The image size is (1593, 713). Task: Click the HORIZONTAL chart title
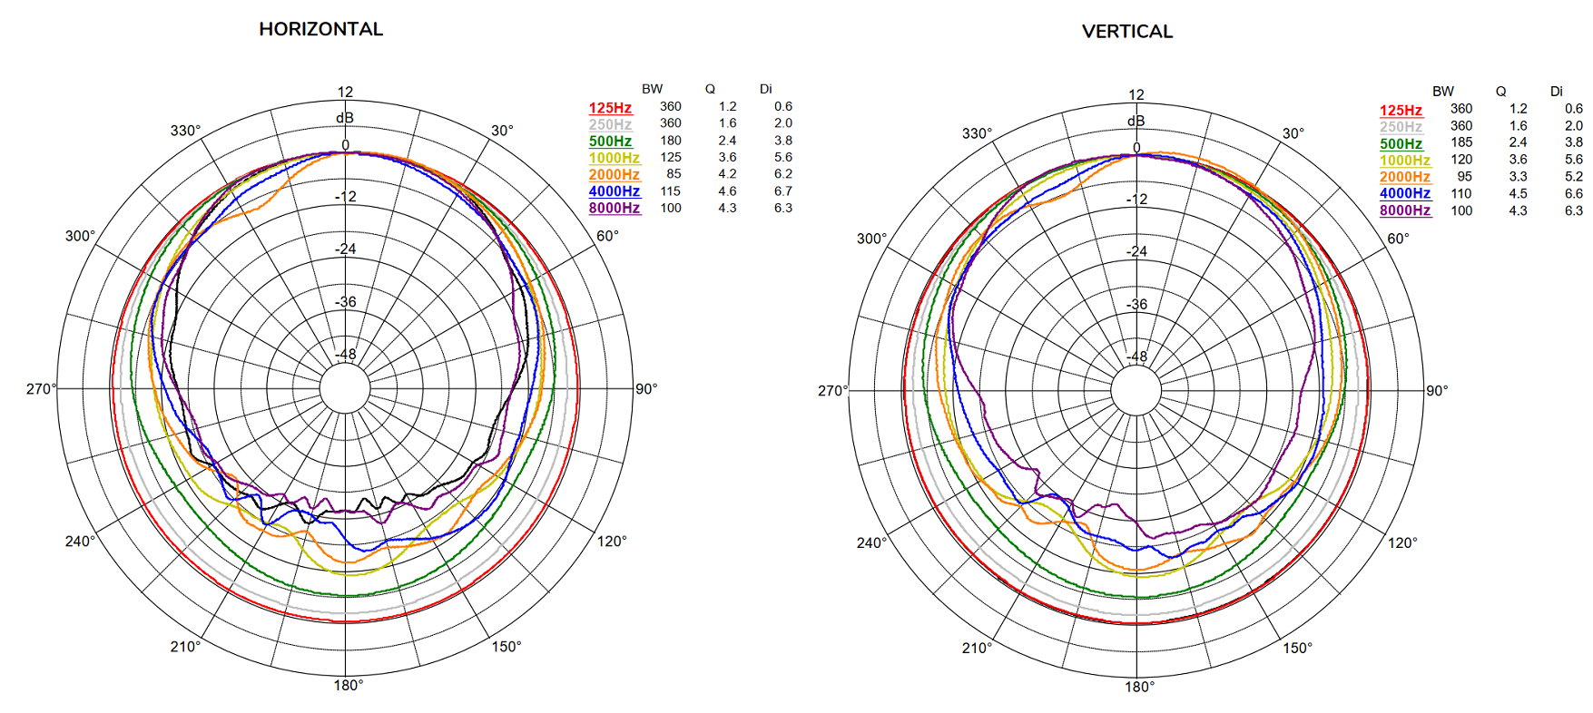point(320,29)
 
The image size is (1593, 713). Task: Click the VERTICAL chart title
point(1126,32)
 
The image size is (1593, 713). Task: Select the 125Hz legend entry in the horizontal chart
point(610,108)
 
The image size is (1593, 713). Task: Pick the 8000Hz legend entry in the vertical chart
point(1404,210)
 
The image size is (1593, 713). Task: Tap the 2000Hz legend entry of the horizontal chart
point(614,175)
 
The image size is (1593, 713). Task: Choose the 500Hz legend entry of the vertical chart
point(1401,144)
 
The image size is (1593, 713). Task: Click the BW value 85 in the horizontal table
point(673,174)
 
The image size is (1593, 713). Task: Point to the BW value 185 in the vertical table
point(1460,142)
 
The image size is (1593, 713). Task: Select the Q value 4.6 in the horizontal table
point(727,191)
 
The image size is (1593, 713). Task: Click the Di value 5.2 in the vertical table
point(1573,177)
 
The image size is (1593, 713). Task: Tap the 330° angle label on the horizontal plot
point(185,131)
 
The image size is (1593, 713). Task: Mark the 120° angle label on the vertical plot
point(1401,542)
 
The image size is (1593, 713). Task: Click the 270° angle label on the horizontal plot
point(41,389)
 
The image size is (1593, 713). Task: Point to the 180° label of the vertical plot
point(1139,687)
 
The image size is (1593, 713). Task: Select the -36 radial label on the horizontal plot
point(345,302)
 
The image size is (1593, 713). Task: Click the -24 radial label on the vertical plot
point(1136,251)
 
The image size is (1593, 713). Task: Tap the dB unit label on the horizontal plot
point(345,118)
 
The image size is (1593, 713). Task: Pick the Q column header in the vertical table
point(1500,92)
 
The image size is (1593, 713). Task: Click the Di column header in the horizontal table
point(766,89)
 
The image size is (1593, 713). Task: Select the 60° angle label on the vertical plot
point(1398,239)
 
